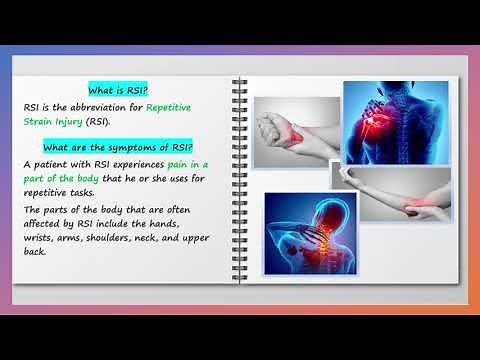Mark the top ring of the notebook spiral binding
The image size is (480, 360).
239,81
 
